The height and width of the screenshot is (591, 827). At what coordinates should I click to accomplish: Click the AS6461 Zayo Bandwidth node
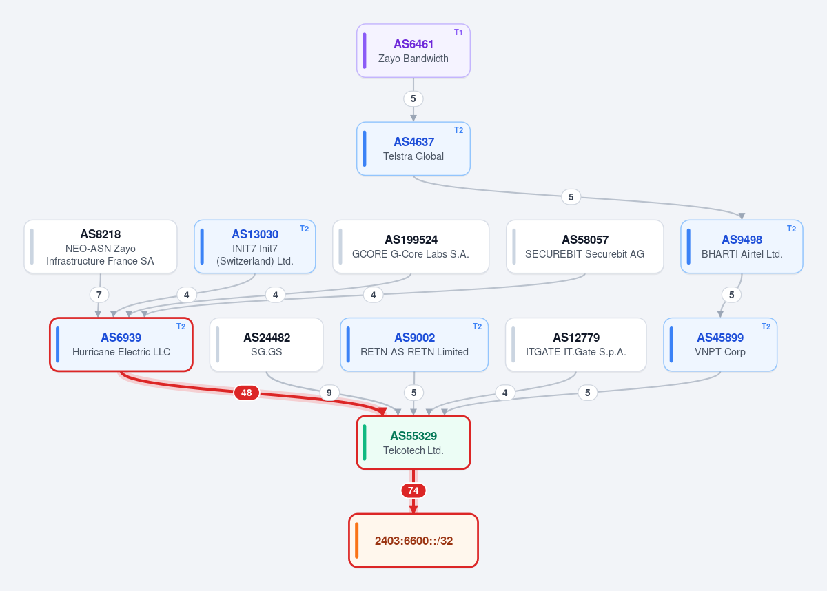[x=413, y=51]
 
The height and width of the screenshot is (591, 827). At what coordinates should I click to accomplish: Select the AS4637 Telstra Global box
[x=413, y=149]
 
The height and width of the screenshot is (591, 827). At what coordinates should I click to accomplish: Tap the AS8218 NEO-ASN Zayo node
[x=101, y=247]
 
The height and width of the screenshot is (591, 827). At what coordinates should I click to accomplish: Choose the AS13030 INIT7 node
[x=255, y=247]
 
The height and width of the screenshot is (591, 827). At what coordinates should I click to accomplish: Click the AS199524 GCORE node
[x=411, y=247]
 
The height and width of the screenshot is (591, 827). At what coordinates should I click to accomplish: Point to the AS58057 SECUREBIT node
[x=585, y=247]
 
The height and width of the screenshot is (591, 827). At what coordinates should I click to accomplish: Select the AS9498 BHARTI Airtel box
[x=742, y=247]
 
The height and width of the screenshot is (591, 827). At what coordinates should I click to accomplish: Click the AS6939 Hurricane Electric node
[x=121, y=344]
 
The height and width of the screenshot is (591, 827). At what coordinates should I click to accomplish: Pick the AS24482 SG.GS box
[x=267, y=344]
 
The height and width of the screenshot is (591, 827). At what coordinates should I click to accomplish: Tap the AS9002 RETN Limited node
[x=414, y=344]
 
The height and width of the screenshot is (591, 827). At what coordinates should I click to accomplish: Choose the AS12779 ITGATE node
[x=576, y=344]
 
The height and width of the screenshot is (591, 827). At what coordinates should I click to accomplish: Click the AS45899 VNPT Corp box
[x=720, y=344]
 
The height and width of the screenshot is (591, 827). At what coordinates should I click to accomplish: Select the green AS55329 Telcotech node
[x=413, y=443]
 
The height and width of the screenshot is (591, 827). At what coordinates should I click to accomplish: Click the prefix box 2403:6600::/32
[x=413, y=541]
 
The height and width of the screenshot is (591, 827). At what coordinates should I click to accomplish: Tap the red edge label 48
[x=247, y=393]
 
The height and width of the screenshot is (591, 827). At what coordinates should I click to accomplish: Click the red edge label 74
[x=413, y=490]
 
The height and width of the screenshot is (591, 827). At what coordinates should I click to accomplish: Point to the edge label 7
[x=99, y=295]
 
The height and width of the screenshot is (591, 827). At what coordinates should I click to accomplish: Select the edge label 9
[x=329, y=393]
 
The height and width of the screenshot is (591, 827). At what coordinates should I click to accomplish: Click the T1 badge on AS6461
[x=458, y=32]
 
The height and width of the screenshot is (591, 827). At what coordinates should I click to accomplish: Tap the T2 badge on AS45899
[x=766, y=326]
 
